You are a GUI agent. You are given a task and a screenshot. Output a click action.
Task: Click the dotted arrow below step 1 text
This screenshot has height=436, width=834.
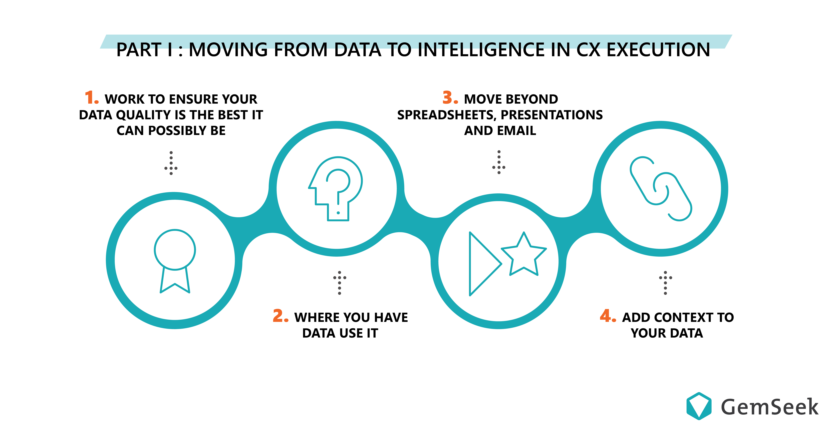(171, 163)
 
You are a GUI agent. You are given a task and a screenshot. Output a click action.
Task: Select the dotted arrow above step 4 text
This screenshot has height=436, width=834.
(665, 283)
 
